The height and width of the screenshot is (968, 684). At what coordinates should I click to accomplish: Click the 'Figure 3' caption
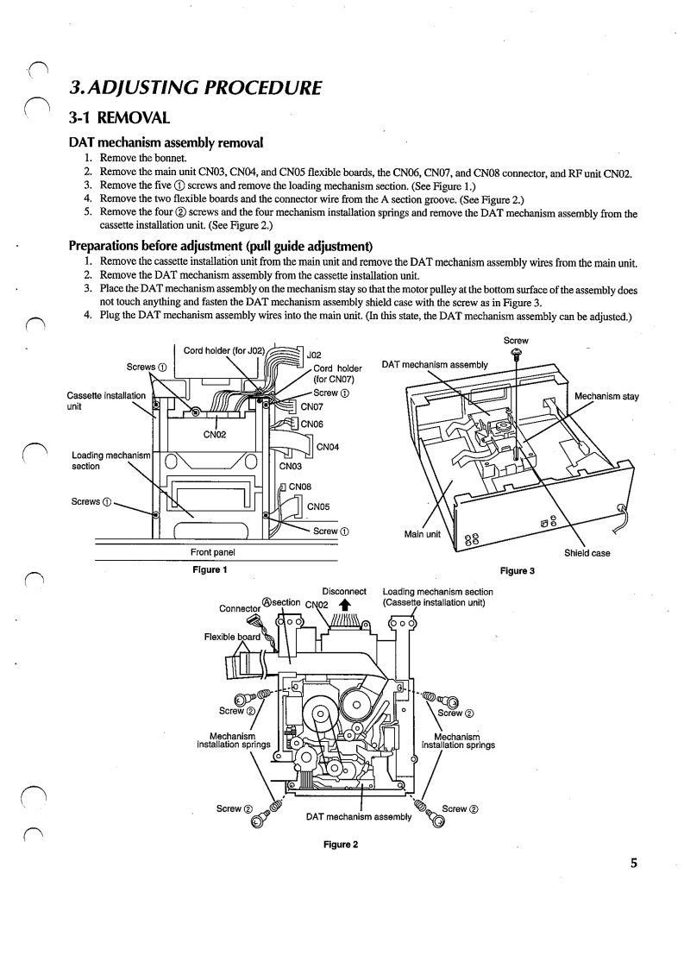point(515,570)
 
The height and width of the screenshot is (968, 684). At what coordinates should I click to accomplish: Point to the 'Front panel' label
point(211,553)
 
